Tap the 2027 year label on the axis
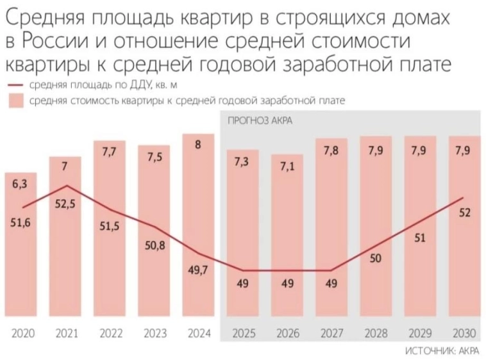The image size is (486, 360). coord(331,333)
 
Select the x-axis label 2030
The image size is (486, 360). coord(464,333)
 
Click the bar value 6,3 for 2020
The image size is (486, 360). coord(20,184)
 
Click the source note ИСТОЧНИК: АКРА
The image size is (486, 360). coord(442,350)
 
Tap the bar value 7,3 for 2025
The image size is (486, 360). coord(242,161)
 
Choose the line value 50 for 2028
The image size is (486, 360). coord(375,259)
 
